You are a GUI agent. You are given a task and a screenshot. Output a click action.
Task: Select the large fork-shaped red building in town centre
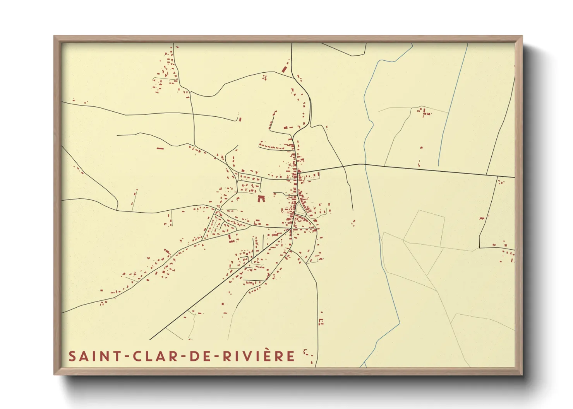(261, 199)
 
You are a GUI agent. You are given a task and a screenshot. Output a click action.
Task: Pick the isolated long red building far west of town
(160, 148)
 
